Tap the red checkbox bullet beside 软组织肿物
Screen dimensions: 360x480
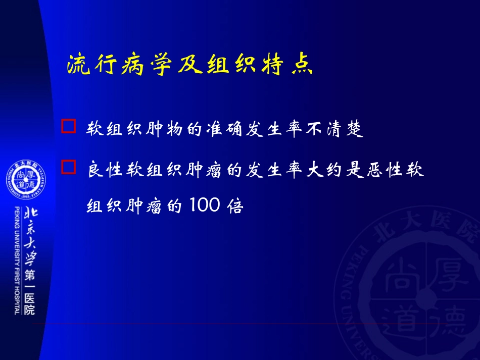pos(68,126)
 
